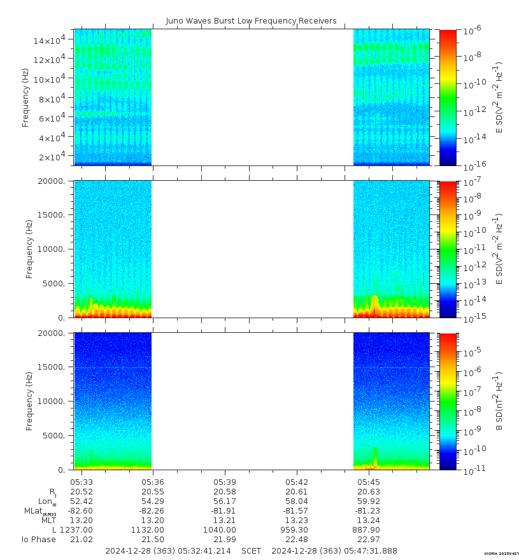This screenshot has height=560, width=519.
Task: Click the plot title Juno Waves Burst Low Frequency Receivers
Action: [251, 21]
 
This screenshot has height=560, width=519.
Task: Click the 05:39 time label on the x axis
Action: [225, 482]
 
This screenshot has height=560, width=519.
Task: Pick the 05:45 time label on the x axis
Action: [369, 482]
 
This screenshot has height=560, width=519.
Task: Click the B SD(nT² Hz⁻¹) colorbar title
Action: [499, 401]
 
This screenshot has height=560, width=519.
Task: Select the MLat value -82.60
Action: [81, 510]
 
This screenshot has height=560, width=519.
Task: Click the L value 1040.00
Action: [225, 529]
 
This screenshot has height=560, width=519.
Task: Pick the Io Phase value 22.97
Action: [369, 539]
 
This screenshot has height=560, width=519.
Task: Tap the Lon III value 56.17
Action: [225, 501]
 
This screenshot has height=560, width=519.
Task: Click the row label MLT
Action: [49, 520]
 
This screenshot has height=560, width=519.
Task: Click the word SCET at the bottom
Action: [252, 550]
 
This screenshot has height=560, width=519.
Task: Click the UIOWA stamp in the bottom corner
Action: [501, 554]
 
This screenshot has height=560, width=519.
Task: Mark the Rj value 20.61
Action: [297, 491]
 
